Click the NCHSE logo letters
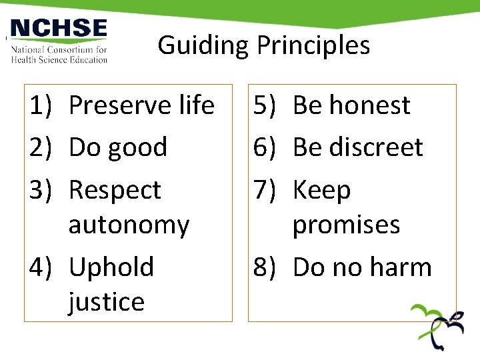[x=59, y=29]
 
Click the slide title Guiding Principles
[x=263, y=45]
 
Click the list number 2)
[x=41, y=147]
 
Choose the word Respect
[x=115, y=191]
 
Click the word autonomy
[x=129, y=225]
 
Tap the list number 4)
[x=41, y=267]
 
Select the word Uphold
[x=111, y=267]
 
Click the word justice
[x=106, y=302]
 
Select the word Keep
[x=321, y=191]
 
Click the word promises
[x=346, y=225]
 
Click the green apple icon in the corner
[x=436, y=326]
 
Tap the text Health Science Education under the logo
[x=59, y=59]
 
